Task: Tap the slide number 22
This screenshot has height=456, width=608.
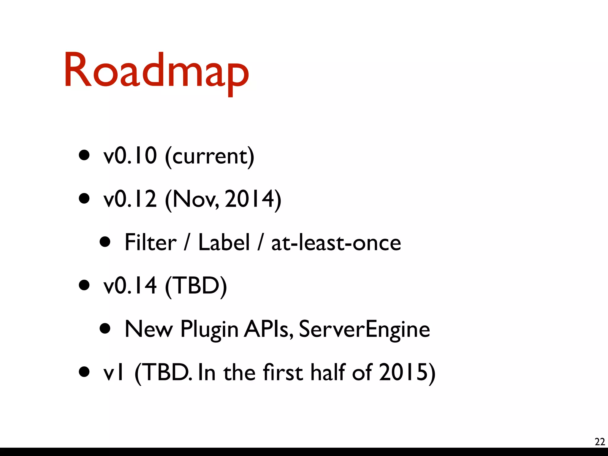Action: [600, 442]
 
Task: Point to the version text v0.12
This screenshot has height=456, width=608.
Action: [130, 199]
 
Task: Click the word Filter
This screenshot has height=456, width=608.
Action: [151, 242]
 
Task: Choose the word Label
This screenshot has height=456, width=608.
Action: [224, 242]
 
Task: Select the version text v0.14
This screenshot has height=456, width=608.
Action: [130, 285]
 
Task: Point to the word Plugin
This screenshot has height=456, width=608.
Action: [209, 330]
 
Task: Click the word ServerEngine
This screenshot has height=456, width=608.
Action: [364, 330]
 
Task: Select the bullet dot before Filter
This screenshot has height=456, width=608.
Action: [105, 242]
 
